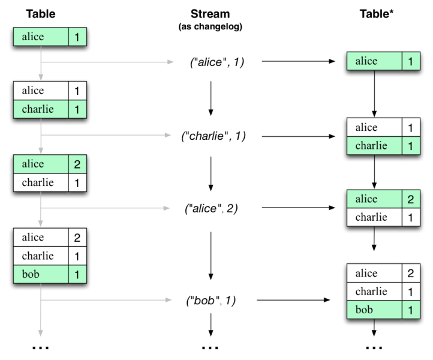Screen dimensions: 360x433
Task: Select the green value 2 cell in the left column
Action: (x=76, y=164)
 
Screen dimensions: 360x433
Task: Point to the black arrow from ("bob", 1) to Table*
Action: (x=294, y=299)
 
